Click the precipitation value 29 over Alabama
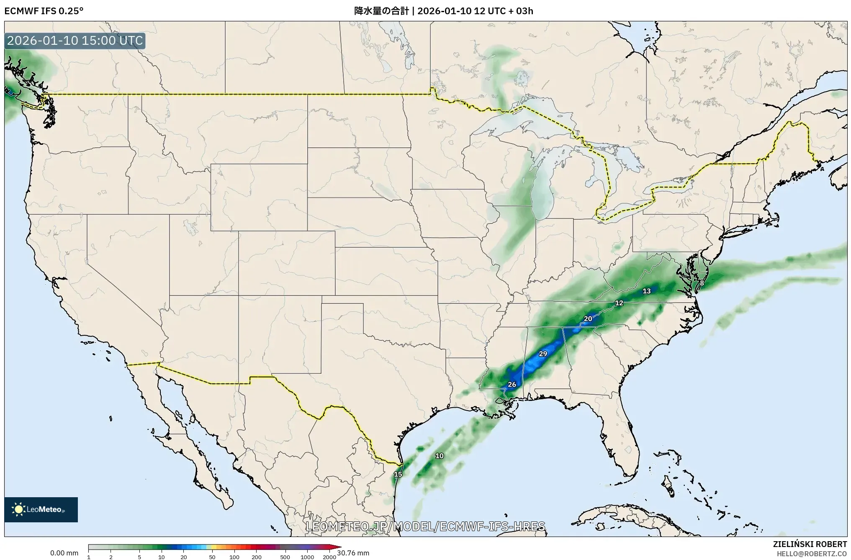point(543,354)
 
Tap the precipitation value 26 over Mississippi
point(512,385)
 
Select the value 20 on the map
point(588,319)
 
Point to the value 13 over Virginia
point(647,291)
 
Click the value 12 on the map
point(619,303)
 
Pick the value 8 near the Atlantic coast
point(702,283)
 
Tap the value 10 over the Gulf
point(440,456)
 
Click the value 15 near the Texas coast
point(398,474)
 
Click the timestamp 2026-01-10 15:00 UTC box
point(75,41)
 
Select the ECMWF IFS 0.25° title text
point(44,11)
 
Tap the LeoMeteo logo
point(41,509)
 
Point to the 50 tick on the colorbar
point(212,557)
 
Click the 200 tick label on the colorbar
point(257,557)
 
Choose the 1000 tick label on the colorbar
point(307,557)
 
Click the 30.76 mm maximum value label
point(353,553)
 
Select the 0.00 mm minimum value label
point(64,553)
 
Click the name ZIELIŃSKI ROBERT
point(810,544)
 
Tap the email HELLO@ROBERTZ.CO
point(812,554)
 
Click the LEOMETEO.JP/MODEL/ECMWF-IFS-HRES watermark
point(425,526)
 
